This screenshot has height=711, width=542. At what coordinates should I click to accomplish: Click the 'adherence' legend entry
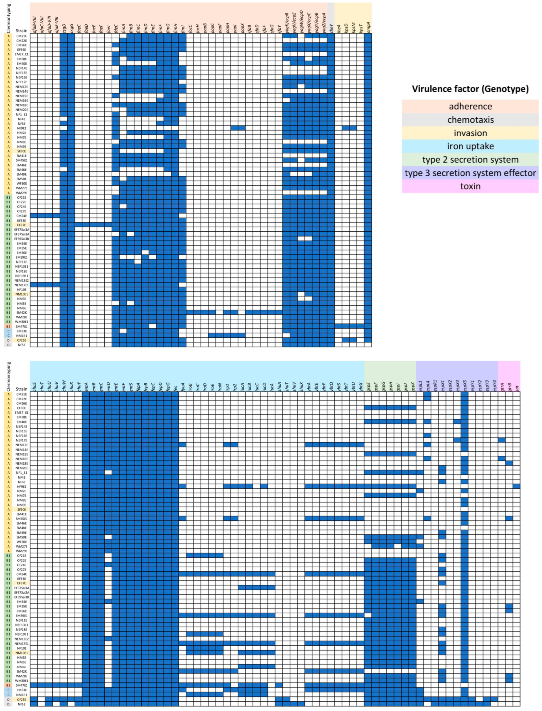coord(470,106)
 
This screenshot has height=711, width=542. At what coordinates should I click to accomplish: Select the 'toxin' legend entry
coord(470,186)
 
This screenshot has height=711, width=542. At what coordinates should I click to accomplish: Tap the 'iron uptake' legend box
coord(470,146)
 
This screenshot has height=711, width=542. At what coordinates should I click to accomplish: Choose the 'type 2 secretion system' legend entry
coord(470,160)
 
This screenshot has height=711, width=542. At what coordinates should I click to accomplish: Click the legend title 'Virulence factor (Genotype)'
coord(470,89)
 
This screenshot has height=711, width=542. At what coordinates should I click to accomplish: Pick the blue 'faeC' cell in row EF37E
coord(78,225)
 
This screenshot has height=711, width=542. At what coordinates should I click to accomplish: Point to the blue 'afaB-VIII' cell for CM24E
coord(34,216)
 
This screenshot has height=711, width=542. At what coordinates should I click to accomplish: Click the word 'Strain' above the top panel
coord(22,31)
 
